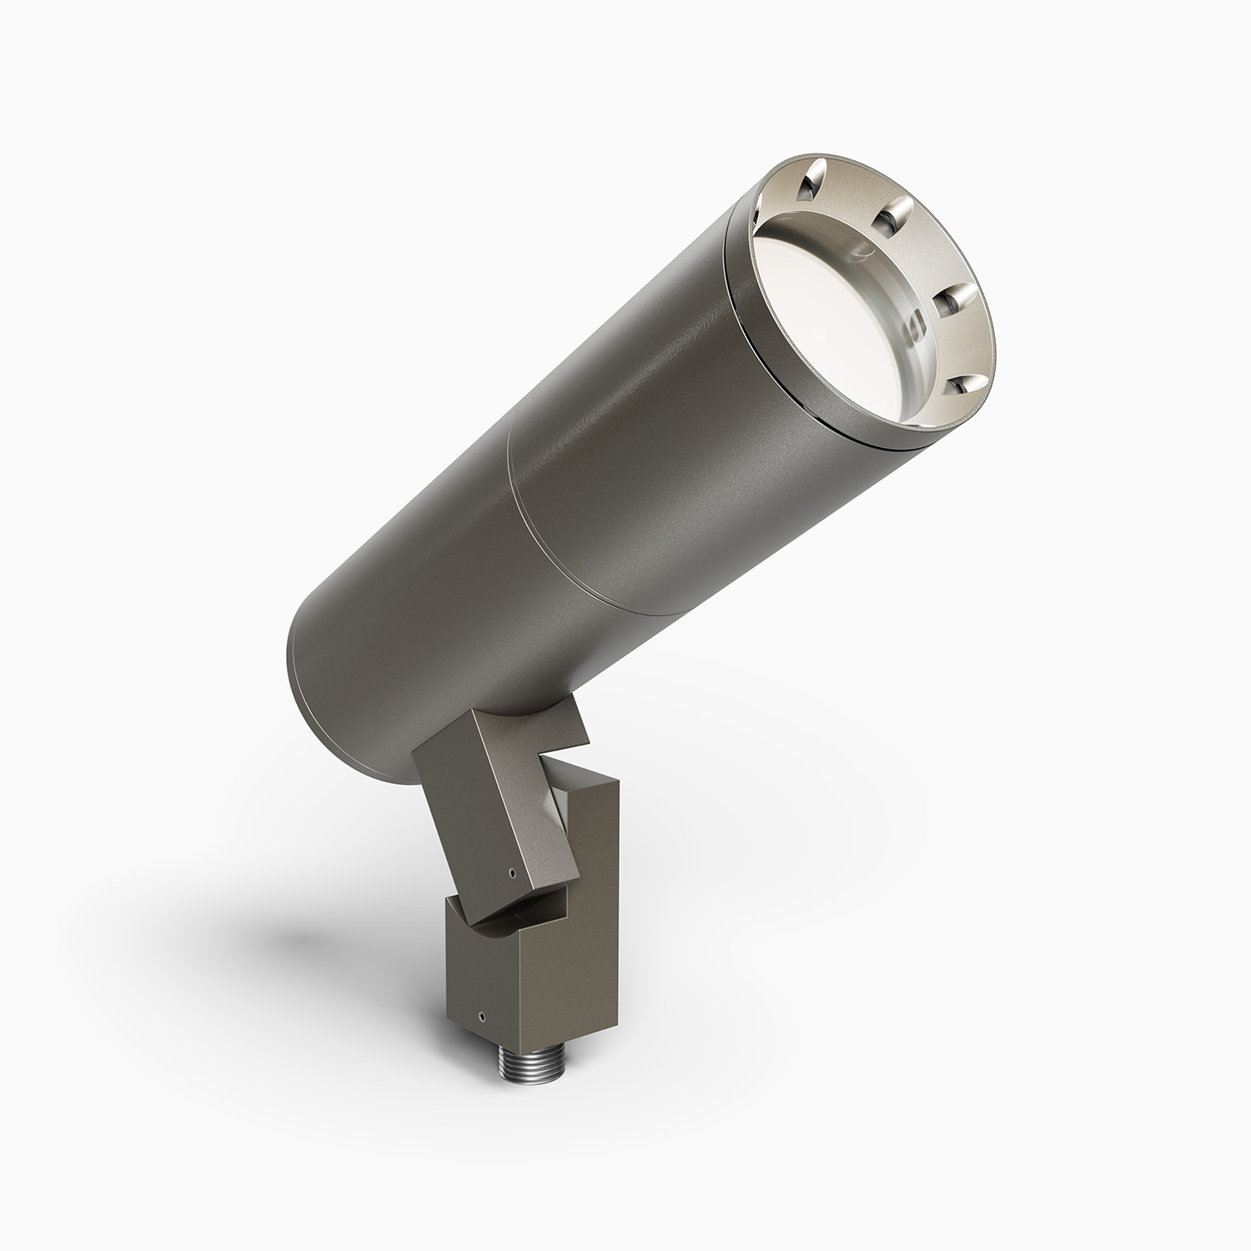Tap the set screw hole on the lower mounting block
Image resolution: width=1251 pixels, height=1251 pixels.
481,1017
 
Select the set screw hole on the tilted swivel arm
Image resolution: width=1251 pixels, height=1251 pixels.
511,875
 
